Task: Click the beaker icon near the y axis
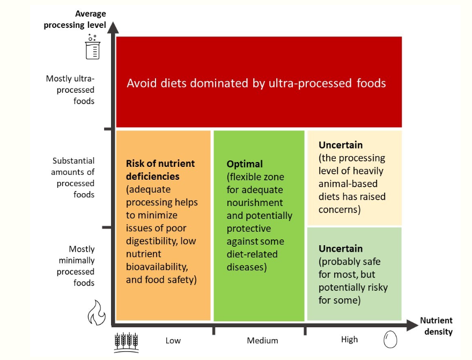coord(92,47)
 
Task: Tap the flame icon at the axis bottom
coord(97,313)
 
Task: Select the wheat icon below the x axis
coord(127,342)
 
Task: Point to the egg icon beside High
coord(390,340)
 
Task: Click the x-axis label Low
coord(173,341)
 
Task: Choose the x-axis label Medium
coord(262,341)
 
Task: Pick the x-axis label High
coord(350,340)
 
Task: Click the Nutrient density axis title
coord(437,326)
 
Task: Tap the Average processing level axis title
coord(75,19)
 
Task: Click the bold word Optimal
coord(245,164)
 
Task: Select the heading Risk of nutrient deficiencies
coord(160,170)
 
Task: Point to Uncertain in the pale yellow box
coord(341,145)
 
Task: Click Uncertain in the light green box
coord(341,248)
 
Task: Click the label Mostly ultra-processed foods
coord(70,90)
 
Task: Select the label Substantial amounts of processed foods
coord(73,178)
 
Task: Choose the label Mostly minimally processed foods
coord(76,266)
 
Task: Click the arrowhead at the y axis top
coord(113,27)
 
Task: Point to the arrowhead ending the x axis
coord(412,325)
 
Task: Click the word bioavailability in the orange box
coord(157,267)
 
